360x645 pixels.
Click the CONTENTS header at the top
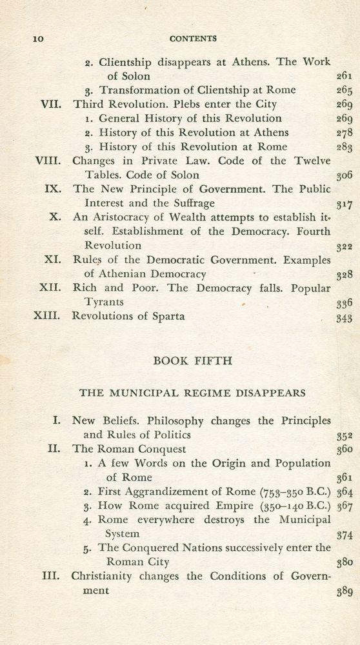(x=193, y=39)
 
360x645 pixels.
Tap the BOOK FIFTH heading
(x=192, y=361)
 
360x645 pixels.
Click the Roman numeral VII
(x=51, y=104)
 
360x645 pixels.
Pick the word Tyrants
(x=105, y=302)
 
